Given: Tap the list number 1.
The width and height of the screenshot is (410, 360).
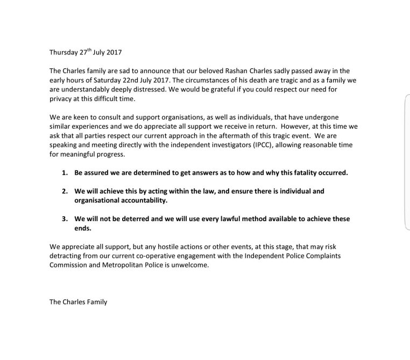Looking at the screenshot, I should (63, 173).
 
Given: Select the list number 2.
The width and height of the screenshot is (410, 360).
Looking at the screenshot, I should (63, 191).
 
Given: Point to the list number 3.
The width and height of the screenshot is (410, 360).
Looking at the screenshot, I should (63, 219).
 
